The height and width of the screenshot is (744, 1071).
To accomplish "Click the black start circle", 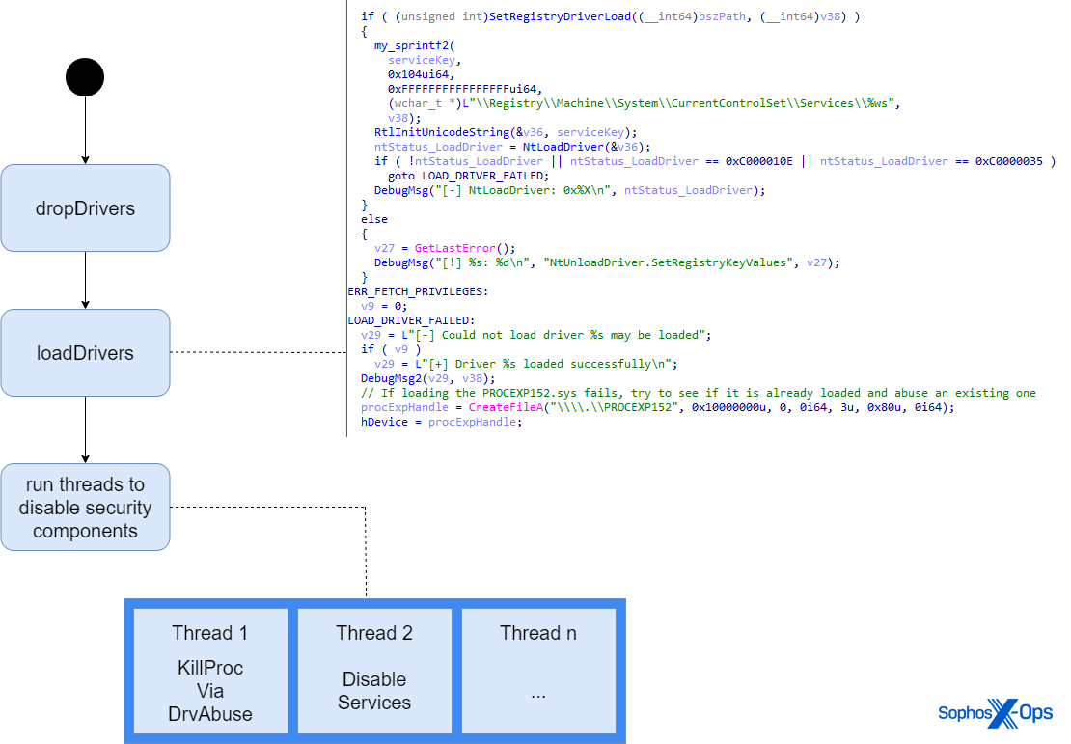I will [x=85, y=77].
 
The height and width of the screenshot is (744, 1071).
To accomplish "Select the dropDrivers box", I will [x=85, y=208].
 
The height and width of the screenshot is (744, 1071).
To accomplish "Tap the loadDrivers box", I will [x=85, y=353].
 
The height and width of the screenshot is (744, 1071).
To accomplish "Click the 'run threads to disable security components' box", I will [x=85, y=508].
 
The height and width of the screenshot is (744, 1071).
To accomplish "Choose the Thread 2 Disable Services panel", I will [x=374, y=675].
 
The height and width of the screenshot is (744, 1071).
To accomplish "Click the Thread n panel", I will [x=538, y=675].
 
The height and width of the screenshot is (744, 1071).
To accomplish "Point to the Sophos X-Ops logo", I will [x=995, y=714].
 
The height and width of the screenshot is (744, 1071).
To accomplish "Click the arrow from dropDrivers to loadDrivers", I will [x=85, y=280].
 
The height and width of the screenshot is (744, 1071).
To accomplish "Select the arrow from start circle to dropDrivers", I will [x=85, y=130].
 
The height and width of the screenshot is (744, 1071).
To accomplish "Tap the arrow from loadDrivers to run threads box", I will [x=85, y=429].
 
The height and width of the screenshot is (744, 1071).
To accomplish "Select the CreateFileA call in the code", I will [x=504, y=407].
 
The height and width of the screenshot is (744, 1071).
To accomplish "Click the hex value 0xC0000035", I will [x=1008, y=161].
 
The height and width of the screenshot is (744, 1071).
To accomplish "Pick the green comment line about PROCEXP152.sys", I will [x=699, y=393].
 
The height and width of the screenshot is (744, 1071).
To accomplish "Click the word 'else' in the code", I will [x=374, y=219].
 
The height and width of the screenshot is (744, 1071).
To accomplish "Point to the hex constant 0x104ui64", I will [x=421, y=74].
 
